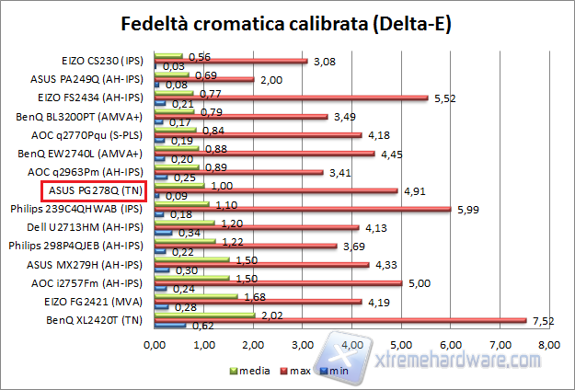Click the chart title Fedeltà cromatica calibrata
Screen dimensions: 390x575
coord(287,22)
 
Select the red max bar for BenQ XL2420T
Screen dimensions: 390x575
coord(340,321)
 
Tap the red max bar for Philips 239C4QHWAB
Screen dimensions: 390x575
coord(303,208)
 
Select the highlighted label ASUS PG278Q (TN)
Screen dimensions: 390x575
coord(93,190)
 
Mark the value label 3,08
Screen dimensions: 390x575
coord(323,61)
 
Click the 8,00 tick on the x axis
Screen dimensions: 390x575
coord(548,347)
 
